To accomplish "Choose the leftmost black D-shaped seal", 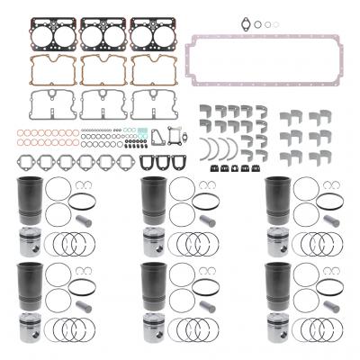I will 139,163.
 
